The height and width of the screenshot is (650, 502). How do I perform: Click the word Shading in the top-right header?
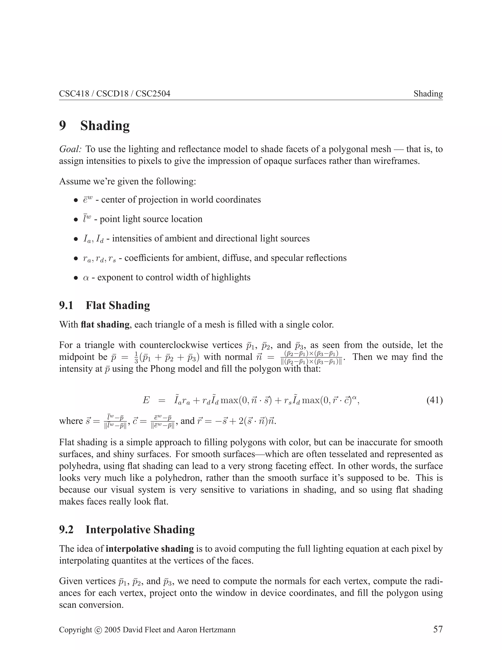tap(428, 94)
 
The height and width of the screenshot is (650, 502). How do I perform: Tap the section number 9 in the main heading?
tap(63, 125)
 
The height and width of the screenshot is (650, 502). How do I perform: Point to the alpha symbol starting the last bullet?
tap(86, 278)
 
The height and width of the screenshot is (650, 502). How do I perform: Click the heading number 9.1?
tap(66, 305)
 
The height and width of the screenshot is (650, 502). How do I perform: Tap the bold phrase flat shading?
tap(105, 325)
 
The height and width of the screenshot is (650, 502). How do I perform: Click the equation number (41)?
tap(435, 400)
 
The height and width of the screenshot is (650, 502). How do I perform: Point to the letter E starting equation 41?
tap(146, 400)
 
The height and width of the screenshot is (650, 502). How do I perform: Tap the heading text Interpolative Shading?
tap(140, 530)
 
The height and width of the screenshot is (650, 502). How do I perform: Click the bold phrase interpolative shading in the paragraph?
tap(150, 549)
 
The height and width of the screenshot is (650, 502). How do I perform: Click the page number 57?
tap(438, 629)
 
